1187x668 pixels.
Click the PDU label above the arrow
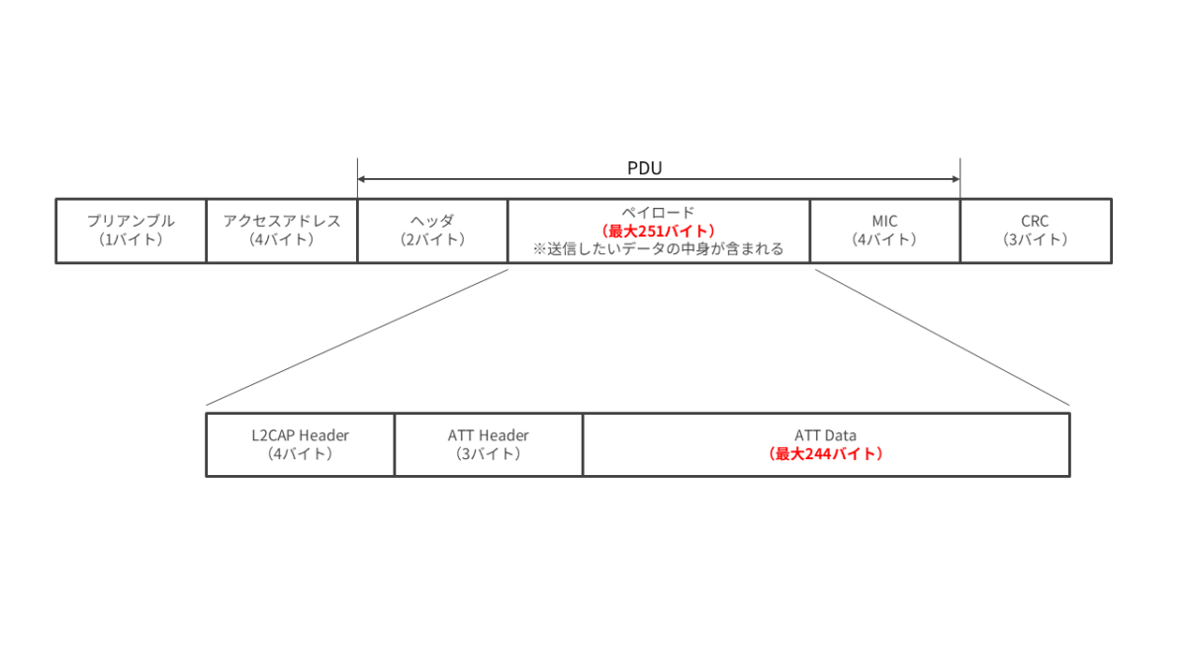click(644, 168)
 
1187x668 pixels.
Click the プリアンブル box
click(131, 232)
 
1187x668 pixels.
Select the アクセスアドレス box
click(282, 232)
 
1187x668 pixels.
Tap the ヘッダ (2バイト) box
click(432, 232)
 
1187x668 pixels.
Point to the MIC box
click(885, 232)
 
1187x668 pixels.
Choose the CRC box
click(1036, 232)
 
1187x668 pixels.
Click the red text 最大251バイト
click(658, 232)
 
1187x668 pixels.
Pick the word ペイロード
click(658, 213)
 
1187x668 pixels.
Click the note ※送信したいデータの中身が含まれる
click(658, 248)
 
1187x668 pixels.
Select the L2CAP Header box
click(301, 444)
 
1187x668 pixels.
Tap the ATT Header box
click(489, 444)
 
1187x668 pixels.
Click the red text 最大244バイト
click(826, 454)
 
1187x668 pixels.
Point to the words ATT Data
click(826, 435)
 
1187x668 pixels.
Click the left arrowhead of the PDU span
click(361, 179)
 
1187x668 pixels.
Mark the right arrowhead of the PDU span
click(956, 179)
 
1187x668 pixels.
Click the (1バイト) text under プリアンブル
click(131, 239)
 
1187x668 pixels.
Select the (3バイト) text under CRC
click(1035, 239)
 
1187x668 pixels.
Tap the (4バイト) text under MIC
click(884, 239)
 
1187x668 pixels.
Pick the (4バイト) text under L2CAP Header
click(301, 454)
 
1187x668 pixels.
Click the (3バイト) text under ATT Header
click(489, 454)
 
